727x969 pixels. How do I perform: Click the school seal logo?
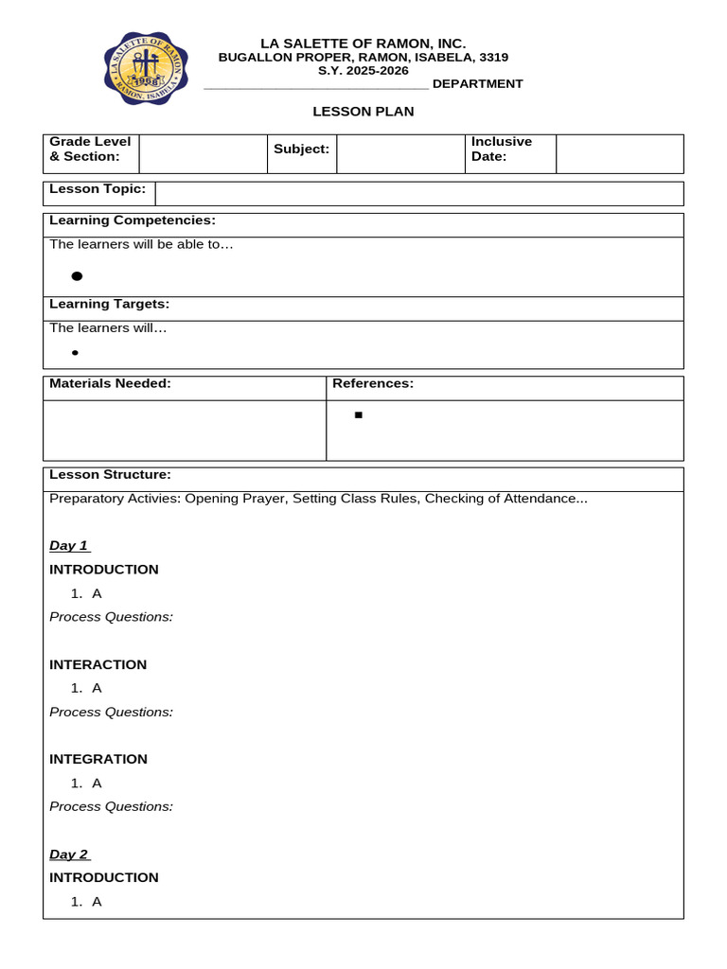click(145, 68)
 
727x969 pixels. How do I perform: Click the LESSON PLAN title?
click(363, 112)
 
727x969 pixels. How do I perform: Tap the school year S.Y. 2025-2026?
click(363, 70)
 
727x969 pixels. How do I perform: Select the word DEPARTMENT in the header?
click(477, 83)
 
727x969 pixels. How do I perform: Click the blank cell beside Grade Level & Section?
click(203, 154)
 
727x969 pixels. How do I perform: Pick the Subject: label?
click(301, 149)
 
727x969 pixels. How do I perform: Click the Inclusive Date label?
click(502, 149)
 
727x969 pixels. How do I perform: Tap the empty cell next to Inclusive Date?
click(619, 154)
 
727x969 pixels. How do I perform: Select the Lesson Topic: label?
click(98, 188)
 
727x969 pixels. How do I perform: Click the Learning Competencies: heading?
click(133, 220)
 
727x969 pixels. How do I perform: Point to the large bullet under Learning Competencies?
click(77, 276)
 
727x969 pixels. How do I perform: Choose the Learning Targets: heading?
click(110, 304)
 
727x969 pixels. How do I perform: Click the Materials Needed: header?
click(110, 383)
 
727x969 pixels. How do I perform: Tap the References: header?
click(373, 383)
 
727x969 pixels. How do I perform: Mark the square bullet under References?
click(359, 415)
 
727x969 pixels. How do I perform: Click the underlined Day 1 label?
click(68, 546)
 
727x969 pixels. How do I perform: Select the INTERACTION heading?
click(98, 664)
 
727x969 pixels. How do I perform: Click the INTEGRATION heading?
click(98, 759)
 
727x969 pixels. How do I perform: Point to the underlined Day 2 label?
click(68, 854)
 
